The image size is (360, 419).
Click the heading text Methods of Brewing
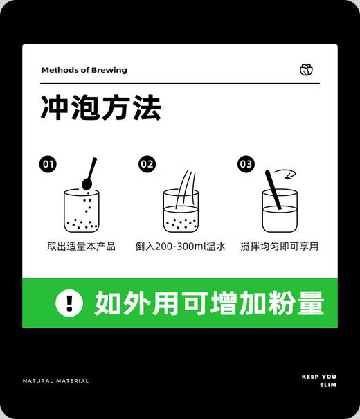84,70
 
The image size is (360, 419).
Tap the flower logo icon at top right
306,69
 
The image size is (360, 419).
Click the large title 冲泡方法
101,109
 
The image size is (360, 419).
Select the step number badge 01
48,164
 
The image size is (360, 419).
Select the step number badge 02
147,164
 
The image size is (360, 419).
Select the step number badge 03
246,164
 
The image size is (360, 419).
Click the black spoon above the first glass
89,176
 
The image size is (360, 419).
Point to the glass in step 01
81,212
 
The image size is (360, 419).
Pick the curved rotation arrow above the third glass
283,174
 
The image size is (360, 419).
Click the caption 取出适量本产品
81,247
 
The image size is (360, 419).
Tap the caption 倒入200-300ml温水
180,247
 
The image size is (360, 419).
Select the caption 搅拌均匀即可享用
279,247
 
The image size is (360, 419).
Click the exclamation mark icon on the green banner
69,303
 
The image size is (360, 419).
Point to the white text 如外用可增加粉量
209,303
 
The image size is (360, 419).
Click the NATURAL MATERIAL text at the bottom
55,380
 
